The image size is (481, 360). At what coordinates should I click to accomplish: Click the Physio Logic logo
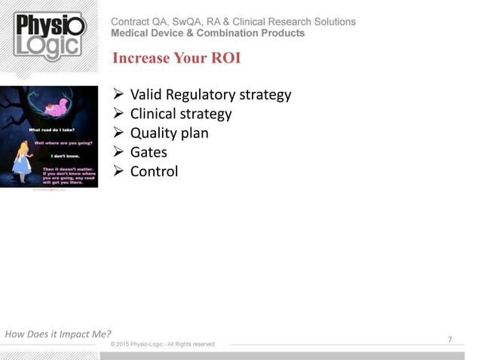50,36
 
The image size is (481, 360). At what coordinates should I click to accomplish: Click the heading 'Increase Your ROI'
176,58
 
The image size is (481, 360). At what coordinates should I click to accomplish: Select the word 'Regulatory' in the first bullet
196,95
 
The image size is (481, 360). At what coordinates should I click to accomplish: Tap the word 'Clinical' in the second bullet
154,114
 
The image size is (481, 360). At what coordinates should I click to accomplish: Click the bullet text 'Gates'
149,152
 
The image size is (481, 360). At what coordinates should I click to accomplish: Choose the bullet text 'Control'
154,171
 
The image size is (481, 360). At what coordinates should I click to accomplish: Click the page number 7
450,340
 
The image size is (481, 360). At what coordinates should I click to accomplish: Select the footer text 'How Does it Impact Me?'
58,334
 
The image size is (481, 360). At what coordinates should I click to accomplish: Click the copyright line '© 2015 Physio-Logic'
162,344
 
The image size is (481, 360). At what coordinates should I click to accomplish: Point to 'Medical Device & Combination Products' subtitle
207,34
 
